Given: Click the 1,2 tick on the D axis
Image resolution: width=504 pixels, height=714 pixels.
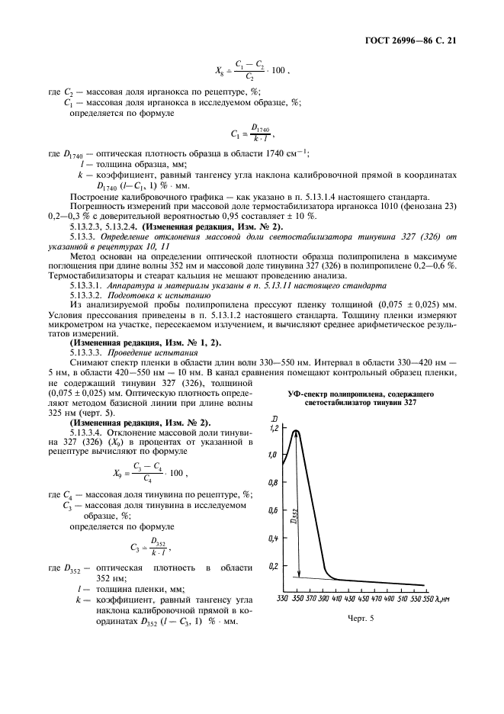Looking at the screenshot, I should click(x=273, y=429).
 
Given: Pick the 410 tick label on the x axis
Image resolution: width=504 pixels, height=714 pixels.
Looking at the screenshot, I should click(x=336, y=600).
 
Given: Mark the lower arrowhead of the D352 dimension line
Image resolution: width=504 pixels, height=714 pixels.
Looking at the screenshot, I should click(x=299, y=574).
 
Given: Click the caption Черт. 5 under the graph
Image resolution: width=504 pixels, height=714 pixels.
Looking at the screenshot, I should click(x=361, y=619).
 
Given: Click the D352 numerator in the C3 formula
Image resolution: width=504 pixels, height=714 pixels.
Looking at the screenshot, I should click(x=159, y=542).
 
